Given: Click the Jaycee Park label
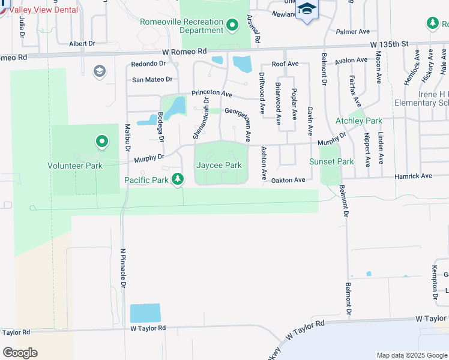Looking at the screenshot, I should pos(219,165).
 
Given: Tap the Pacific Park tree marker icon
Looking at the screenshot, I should pos(178,178).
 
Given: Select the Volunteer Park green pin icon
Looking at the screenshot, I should pos(102,142).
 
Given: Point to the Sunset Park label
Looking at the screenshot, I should pos(331,161).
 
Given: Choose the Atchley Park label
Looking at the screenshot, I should pos(358,121).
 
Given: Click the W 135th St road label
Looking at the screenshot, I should pos(389,44).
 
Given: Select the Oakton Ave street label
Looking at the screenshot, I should pos(289,179).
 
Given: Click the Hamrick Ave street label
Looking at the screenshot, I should pos(413,176).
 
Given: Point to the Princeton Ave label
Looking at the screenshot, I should pos(212,94).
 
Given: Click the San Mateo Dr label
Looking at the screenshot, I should pos(152,79).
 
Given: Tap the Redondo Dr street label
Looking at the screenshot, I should pos(148,64).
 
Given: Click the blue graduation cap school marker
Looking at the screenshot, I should pos(307,9).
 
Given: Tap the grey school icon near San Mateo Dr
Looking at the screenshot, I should pos(99,72).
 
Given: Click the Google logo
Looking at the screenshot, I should pos(20,353).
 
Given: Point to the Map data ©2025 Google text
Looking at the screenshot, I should pos(411,355).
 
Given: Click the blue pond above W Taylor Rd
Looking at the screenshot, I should pos(146,313).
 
